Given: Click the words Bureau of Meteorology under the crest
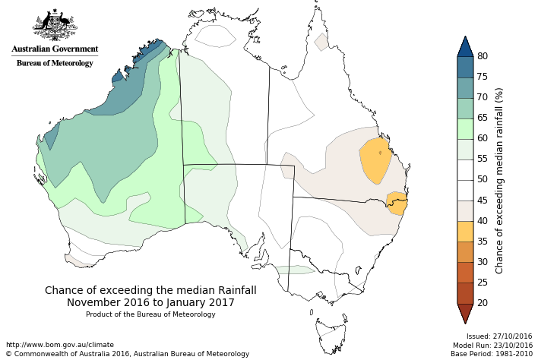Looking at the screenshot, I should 55,63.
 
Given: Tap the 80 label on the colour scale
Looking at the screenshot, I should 482,56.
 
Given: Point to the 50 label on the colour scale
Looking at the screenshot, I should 482,179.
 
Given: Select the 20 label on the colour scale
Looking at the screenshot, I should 482,302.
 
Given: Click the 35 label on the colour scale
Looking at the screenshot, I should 482,241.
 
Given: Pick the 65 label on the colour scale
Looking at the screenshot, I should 482,118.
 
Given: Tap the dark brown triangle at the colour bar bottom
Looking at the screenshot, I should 465,312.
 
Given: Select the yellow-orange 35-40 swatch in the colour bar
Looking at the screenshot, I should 465,231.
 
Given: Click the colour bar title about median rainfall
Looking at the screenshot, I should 499,180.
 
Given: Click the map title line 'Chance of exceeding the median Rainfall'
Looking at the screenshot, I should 150,290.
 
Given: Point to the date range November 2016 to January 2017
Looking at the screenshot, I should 150,302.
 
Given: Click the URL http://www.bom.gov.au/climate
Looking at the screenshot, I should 59,345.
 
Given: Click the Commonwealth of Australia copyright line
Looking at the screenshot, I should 128,354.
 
